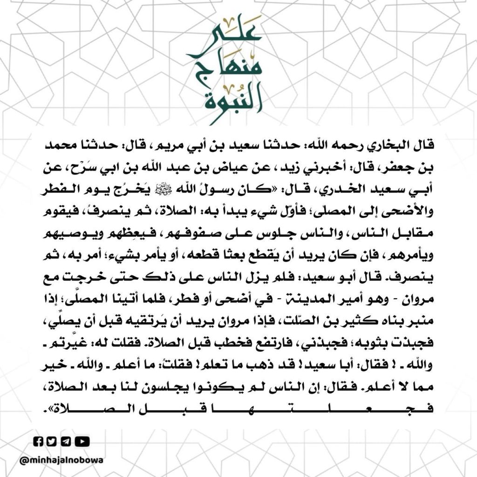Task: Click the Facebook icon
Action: click(39, 441)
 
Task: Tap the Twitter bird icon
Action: click(51, 441)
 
